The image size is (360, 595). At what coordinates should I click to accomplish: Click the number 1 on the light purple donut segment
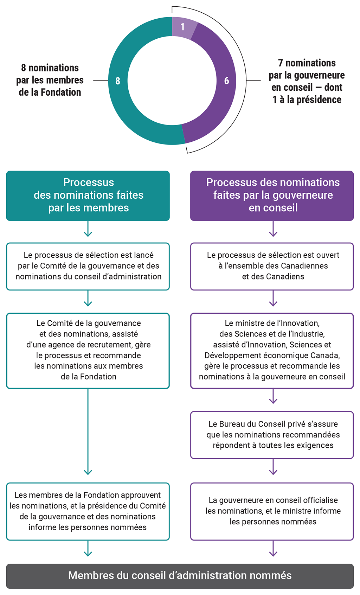coord(182,27)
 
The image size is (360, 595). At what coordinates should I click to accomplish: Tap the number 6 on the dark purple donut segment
coord(227,81)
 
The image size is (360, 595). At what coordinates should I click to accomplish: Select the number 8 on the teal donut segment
coord(118,81)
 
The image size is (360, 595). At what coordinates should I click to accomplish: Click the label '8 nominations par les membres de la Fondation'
coord(50,80)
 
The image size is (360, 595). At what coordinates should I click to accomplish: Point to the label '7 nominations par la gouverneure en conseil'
coord(307,81)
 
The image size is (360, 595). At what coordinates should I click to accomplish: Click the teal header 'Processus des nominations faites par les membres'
coord(88,196)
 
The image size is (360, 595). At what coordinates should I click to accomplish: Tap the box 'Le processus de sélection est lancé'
coord(88,266)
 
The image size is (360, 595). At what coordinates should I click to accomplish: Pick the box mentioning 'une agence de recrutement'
coord(88,350)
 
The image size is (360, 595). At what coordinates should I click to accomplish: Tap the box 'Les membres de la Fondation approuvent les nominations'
coord(88,511)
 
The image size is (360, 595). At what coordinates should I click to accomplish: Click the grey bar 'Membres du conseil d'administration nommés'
coord(180,576)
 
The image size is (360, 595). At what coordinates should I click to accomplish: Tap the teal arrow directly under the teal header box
coord(88,229)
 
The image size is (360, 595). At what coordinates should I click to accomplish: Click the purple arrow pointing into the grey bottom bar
coord(273,549)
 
